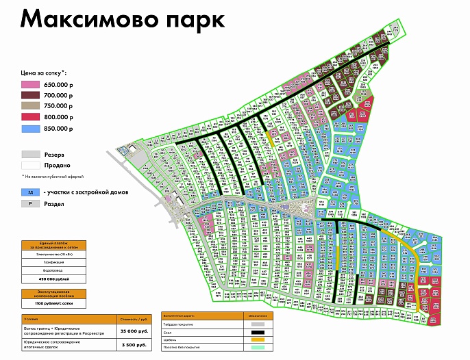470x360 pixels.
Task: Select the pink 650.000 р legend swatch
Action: tap(32, 84)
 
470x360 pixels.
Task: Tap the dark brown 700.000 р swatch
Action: tap(32, 95)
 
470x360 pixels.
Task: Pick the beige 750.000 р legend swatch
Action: tap(32, 106)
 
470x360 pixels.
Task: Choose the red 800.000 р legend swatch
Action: tap(32, 117)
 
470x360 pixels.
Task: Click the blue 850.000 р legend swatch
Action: tap(32, 128)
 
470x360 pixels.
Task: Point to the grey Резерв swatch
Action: tap(32, 155)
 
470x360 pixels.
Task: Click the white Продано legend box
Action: tap(32, 165)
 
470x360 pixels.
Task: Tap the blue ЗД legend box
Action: tap(32, 192)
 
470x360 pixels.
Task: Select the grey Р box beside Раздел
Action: tap(32, 203)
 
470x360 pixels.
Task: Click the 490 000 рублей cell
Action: tap(54, 279)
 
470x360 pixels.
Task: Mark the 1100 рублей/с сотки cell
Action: tap(54, 302)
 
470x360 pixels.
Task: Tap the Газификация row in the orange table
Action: tap(54, 262)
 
